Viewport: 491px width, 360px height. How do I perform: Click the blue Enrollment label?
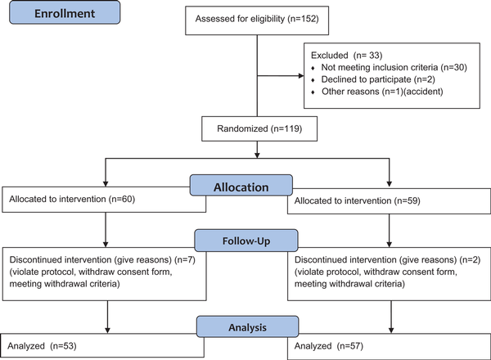point(65,12)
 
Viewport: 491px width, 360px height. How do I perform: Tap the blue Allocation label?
point(241,186)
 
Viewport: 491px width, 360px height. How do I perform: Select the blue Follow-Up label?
point(246,241)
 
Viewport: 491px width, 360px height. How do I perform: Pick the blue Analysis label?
point(247,326)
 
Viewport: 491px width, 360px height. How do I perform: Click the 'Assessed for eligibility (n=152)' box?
point(257,20)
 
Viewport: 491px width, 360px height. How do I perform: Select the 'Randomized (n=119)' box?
point(259,128)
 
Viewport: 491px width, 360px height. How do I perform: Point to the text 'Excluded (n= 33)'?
point(346,56)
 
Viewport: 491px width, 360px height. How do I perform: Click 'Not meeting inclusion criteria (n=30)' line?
point(394,67)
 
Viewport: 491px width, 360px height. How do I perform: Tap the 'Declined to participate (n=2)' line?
point(378,79)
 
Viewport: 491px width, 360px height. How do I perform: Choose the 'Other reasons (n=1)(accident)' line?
point(382,92)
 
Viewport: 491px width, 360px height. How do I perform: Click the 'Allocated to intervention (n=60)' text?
point(72,199)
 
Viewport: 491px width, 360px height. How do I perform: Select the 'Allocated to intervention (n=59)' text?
point(358,200)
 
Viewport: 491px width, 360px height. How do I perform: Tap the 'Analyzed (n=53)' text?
point(42,346)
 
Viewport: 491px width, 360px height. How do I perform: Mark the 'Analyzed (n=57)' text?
point(329,346)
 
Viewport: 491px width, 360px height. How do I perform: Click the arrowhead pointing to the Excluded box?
point(301,76)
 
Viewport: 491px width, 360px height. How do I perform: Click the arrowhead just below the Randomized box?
point(257,155)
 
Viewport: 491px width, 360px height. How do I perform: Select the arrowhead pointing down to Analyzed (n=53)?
point(107,331)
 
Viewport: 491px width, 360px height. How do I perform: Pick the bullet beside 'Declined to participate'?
point(313,80)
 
